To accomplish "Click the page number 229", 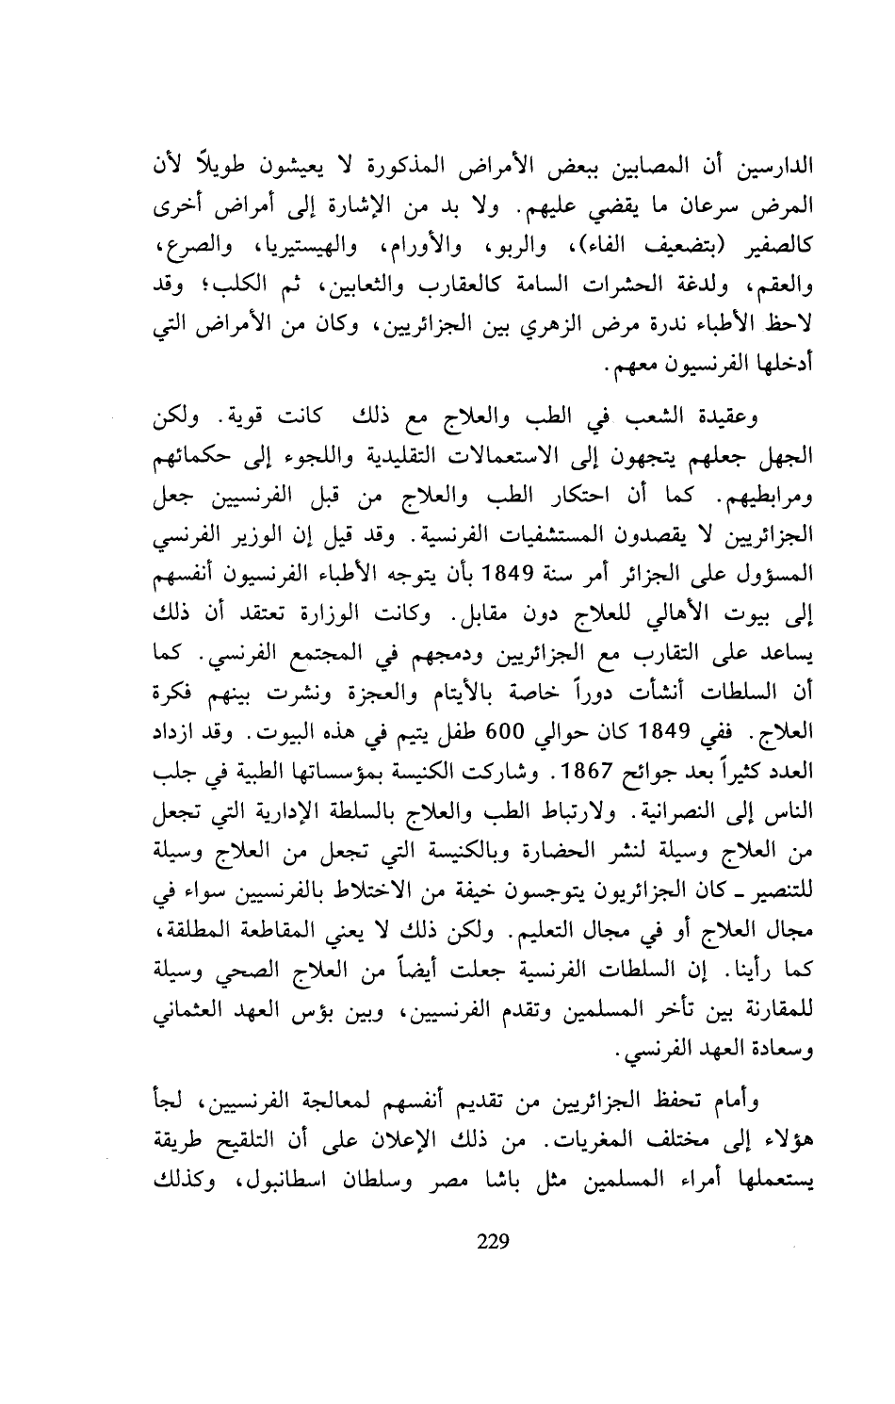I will (493, 1240).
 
